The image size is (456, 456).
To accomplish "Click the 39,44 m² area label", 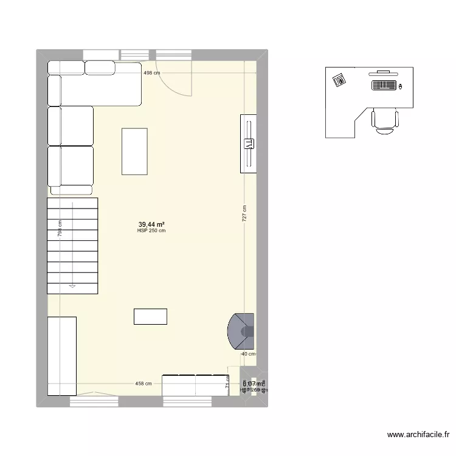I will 151,224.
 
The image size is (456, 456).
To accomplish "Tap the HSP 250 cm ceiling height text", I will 151,230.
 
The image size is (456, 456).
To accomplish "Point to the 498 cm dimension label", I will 151,73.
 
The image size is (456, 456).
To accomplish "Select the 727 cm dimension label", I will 245,213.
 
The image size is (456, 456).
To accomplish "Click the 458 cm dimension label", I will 143,384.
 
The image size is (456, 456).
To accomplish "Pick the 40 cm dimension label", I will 249,354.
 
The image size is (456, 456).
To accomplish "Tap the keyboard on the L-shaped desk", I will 383,85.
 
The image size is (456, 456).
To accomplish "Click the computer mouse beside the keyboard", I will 401,86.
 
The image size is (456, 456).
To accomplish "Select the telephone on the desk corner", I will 339,79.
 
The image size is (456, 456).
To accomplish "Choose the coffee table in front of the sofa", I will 134,151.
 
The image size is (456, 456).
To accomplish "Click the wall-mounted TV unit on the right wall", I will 249,143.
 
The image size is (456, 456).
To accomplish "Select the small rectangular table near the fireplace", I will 150,316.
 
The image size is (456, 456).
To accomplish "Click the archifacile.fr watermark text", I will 418,435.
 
